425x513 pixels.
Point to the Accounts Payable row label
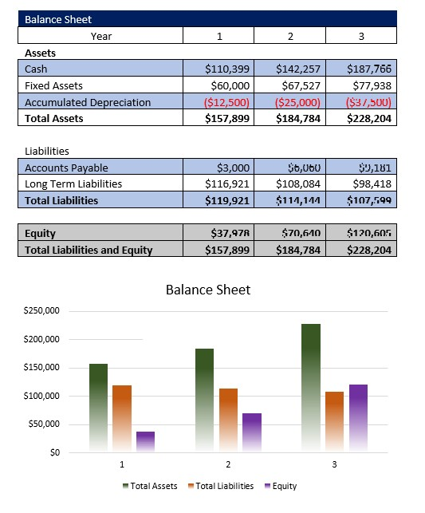pos(66,168)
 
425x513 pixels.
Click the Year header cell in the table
pos(101,36)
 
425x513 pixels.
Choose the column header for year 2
pos(290,36)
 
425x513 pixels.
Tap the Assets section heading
pos(40,53)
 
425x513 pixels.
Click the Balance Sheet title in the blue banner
pos(57,19)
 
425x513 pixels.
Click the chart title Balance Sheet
pos(207,290)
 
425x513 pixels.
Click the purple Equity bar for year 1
pos(145,442)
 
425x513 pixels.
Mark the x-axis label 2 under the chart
pos(228,464)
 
